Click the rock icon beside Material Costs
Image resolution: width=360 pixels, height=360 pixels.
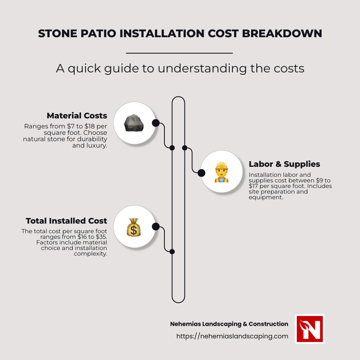(x=134, y=123)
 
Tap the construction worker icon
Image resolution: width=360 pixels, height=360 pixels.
(x=221, y=172)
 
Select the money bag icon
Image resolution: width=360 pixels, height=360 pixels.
(x=134, y=227)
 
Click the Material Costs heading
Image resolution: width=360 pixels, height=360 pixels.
(x=77, y=116)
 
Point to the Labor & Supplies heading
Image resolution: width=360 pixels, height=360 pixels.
(x=284, y=164)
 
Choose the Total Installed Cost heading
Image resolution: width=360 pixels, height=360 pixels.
(x=66, y=221)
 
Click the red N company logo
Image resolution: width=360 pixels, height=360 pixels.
(x=310, y=329)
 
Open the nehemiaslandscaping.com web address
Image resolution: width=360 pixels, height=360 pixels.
(x=232, y=336)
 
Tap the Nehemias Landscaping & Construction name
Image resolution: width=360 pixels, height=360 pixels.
(x=229, y=324)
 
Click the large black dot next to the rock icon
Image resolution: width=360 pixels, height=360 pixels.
(x=156, y=123)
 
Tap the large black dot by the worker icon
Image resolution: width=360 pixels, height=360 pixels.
(x=202, y=173)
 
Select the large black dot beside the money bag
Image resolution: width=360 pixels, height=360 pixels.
(x=156, y=227)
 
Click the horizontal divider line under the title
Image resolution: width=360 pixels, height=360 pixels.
(x=179, y=53)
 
